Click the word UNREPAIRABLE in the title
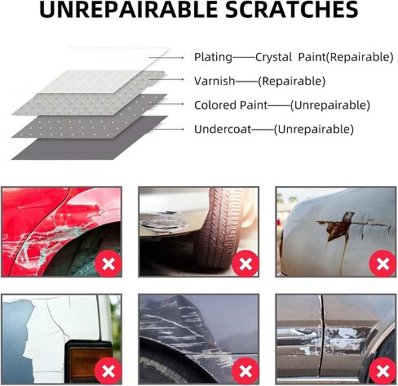click(x=129, y=10)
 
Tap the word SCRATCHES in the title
click(x=292, y=10)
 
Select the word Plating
click(x=213, y=57)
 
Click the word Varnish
click(x=214, y=81)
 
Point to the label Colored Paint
click(x=231, y=105)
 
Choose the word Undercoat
click(x=223, y=129)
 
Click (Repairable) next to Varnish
click(x=291, y=81)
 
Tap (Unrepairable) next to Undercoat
click(x=314, y=130)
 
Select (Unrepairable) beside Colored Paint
click(x=330, y=105)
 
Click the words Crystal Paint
click(x=290, y=57)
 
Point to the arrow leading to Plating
click(x=166, y=58)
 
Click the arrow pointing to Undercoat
click(x=168, y=129)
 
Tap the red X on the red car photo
click(x=108, y=264)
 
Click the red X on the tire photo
click(x=245, y=264)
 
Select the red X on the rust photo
click(x=383, y=264)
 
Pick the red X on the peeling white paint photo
click(x=108, y=371)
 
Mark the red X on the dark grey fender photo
click(x=245, y=371)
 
